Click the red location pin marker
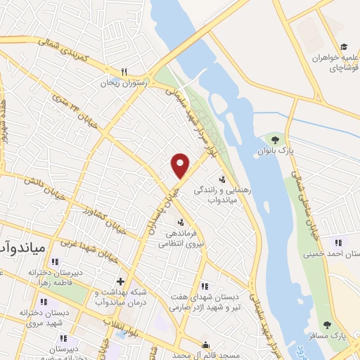pos(181,165)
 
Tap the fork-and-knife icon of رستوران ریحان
pos(124,72)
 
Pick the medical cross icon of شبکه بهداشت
pos(120,281)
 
